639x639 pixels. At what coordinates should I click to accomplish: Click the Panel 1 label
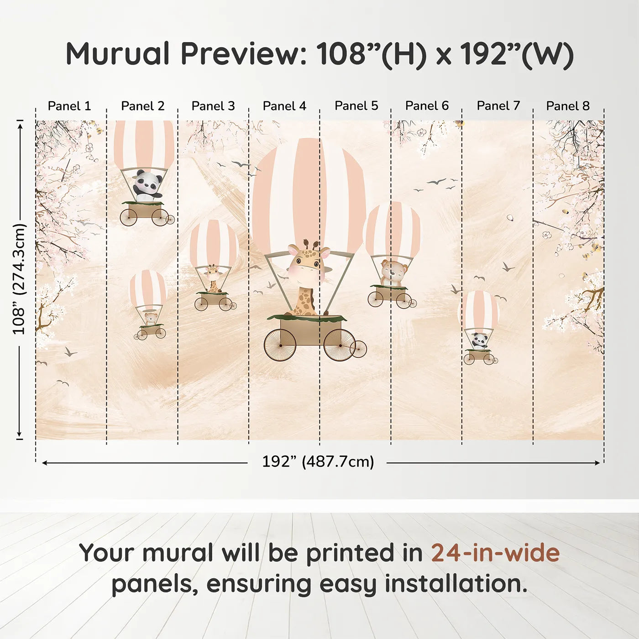(69, 106)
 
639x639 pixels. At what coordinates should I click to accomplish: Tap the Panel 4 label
(284, 106)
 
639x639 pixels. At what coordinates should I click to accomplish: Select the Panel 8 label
(568, 106)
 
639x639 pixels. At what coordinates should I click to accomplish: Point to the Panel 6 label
(427, 106)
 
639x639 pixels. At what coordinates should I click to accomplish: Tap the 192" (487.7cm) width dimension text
(318, 461)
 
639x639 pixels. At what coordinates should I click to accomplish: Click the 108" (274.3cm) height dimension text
(19, 279)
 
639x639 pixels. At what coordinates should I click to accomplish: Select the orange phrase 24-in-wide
(495, 552)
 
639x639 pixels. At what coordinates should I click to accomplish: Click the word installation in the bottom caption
(456, 584)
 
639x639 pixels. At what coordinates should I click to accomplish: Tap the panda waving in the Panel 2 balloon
(148, 186)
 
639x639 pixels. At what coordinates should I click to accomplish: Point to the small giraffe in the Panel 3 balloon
(212, 278)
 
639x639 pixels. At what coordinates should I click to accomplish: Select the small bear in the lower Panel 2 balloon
(151, 319)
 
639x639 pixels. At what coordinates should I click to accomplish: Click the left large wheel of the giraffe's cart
(280, 345)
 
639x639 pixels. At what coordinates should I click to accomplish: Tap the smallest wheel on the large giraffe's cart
(358, 349)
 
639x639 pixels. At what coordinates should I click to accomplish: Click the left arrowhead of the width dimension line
(44, 463)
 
